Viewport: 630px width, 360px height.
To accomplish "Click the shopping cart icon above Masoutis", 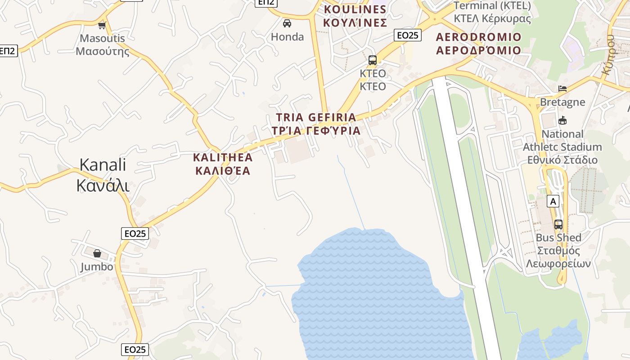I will [102, 25].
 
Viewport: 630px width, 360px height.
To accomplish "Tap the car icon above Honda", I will [287, 23].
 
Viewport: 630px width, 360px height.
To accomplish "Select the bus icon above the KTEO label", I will [373, 60].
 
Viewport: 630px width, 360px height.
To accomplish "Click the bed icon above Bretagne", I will [562, 89].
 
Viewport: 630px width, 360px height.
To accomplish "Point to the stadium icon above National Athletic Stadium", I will [562, 120].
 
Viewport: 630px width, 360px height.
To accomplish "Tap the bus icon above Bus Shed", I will [558, 224].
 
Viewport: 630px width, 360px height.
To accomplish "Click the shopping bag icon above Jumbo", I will [97, 253].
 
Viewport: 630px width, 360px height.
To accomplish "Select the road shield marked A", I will [553, 201].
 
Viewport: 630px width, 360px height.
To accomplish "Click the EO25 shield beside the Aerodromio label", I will [407, 35].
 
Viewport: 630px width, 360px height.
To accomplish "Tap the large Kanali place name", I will [103, 165].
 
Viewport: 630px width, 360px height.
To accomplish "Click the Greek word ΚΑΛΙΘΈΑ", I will [222, 171].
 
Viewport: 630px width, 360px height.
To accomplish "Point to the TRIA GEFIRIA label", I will [316, 117].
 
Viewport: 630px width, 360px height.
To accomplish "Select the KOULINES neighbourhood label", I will [355, 9].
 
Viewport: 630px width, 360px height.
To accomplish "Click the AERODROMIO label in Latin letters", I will [479, 37].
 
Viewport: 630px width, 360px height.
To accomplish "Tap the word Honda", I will [287, 37].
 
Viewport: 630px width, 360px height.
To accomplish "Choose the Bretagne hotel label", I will [562, 102].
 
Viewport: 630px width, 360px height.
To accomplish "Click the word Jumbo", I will [97, 267].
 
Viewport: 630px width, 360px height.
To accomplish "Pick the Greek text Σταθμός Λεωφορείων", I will [558, 257].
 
